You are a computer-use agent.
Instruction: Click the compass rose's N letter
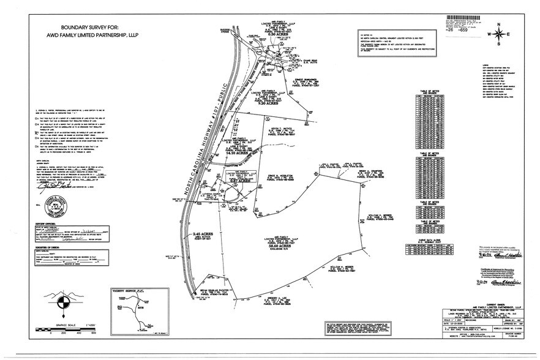click(499, 24)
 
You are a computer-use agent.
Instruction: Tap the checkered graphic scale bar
click(67, 328)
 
